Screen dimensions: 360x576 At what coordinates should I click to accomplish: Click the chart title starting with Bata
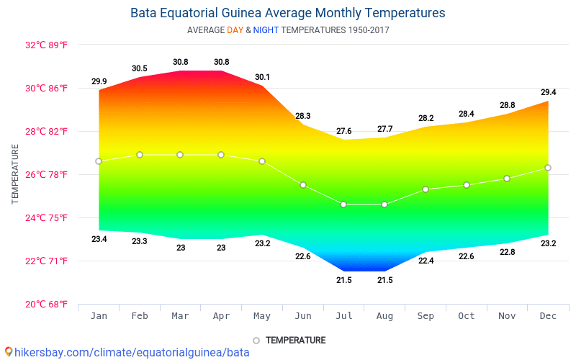click(287, 13)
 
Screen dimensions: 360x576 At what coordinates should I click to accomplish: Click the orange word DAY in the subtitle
click(235, 30)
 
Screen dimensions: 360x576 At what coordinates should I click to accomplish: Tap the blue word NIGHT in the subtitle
click(266, 30)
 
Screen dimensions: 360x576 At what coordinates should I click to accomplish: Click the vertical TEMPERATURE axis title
click(15, 174)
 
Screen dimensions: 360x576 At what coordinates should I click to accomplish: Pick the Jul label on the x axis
click(344, 316)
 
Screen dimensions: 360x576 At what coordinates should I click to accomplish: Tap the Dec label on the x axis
click(548, 316)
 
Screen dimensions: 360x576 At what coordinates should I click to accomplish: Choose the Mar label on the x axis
click(180, 316)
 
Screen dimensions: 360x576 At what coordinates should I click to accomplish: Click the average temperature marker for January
click(99, 161)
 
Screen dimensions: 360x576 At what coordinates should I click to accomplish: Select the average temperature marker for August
click(384, 204)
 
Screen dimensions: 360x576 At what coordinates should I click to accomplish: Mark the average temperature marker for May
click(262, 161)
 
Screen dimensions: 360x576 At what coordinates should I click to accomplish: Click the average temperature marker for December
click(548, 168)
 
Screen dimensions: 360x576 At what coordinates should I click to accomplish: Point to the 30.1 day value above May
click(262, 77)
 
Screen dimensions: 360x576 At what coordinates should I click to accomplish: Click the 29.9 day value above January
click(99, 81)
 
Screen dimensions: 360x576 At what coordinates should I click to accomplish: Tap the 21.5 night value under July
click(344, 280)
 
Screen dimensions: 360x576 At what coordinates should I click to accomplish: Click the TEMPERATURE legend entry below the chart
click(295, 341)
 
